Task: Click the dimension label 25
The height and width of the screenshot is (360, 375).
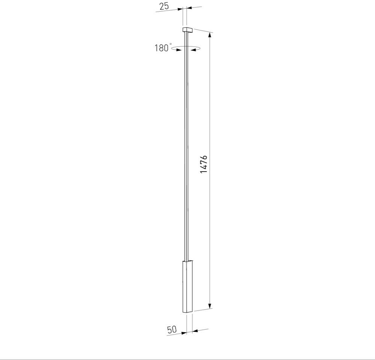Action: point(164,6)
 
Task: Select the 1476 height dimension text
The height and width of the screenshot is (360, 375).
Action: point(203,164)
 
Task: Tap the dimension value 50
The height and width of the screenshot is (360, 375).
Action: point(172,330)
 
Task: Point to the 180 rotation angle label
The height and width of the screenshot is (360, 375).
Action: point(161,48)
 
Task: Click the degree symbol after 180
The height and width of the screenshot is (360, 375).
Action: point(170,44)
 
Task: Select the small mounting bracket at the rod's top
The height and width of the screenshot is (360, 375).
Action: point(188,30)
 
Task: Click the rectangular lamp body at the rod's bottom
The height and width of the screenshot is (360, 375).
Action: point(188,286)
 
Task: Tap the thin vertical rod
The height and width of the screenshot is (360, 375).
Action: point(186,146)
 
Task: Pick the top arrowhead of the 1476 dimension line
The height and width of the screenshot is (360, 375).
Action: point(210,35)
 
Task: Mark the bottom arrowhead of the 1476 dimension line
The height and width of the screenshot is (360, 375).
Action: point(210,306)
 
